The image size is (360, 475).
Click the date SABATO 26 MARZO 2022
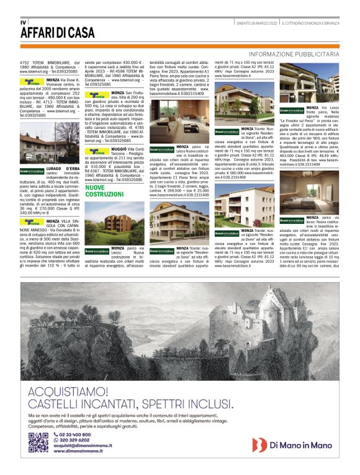254,24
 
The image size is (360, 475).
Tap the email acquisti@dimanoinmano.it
83,445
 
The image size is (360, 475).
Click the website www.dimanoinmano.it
78,451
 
